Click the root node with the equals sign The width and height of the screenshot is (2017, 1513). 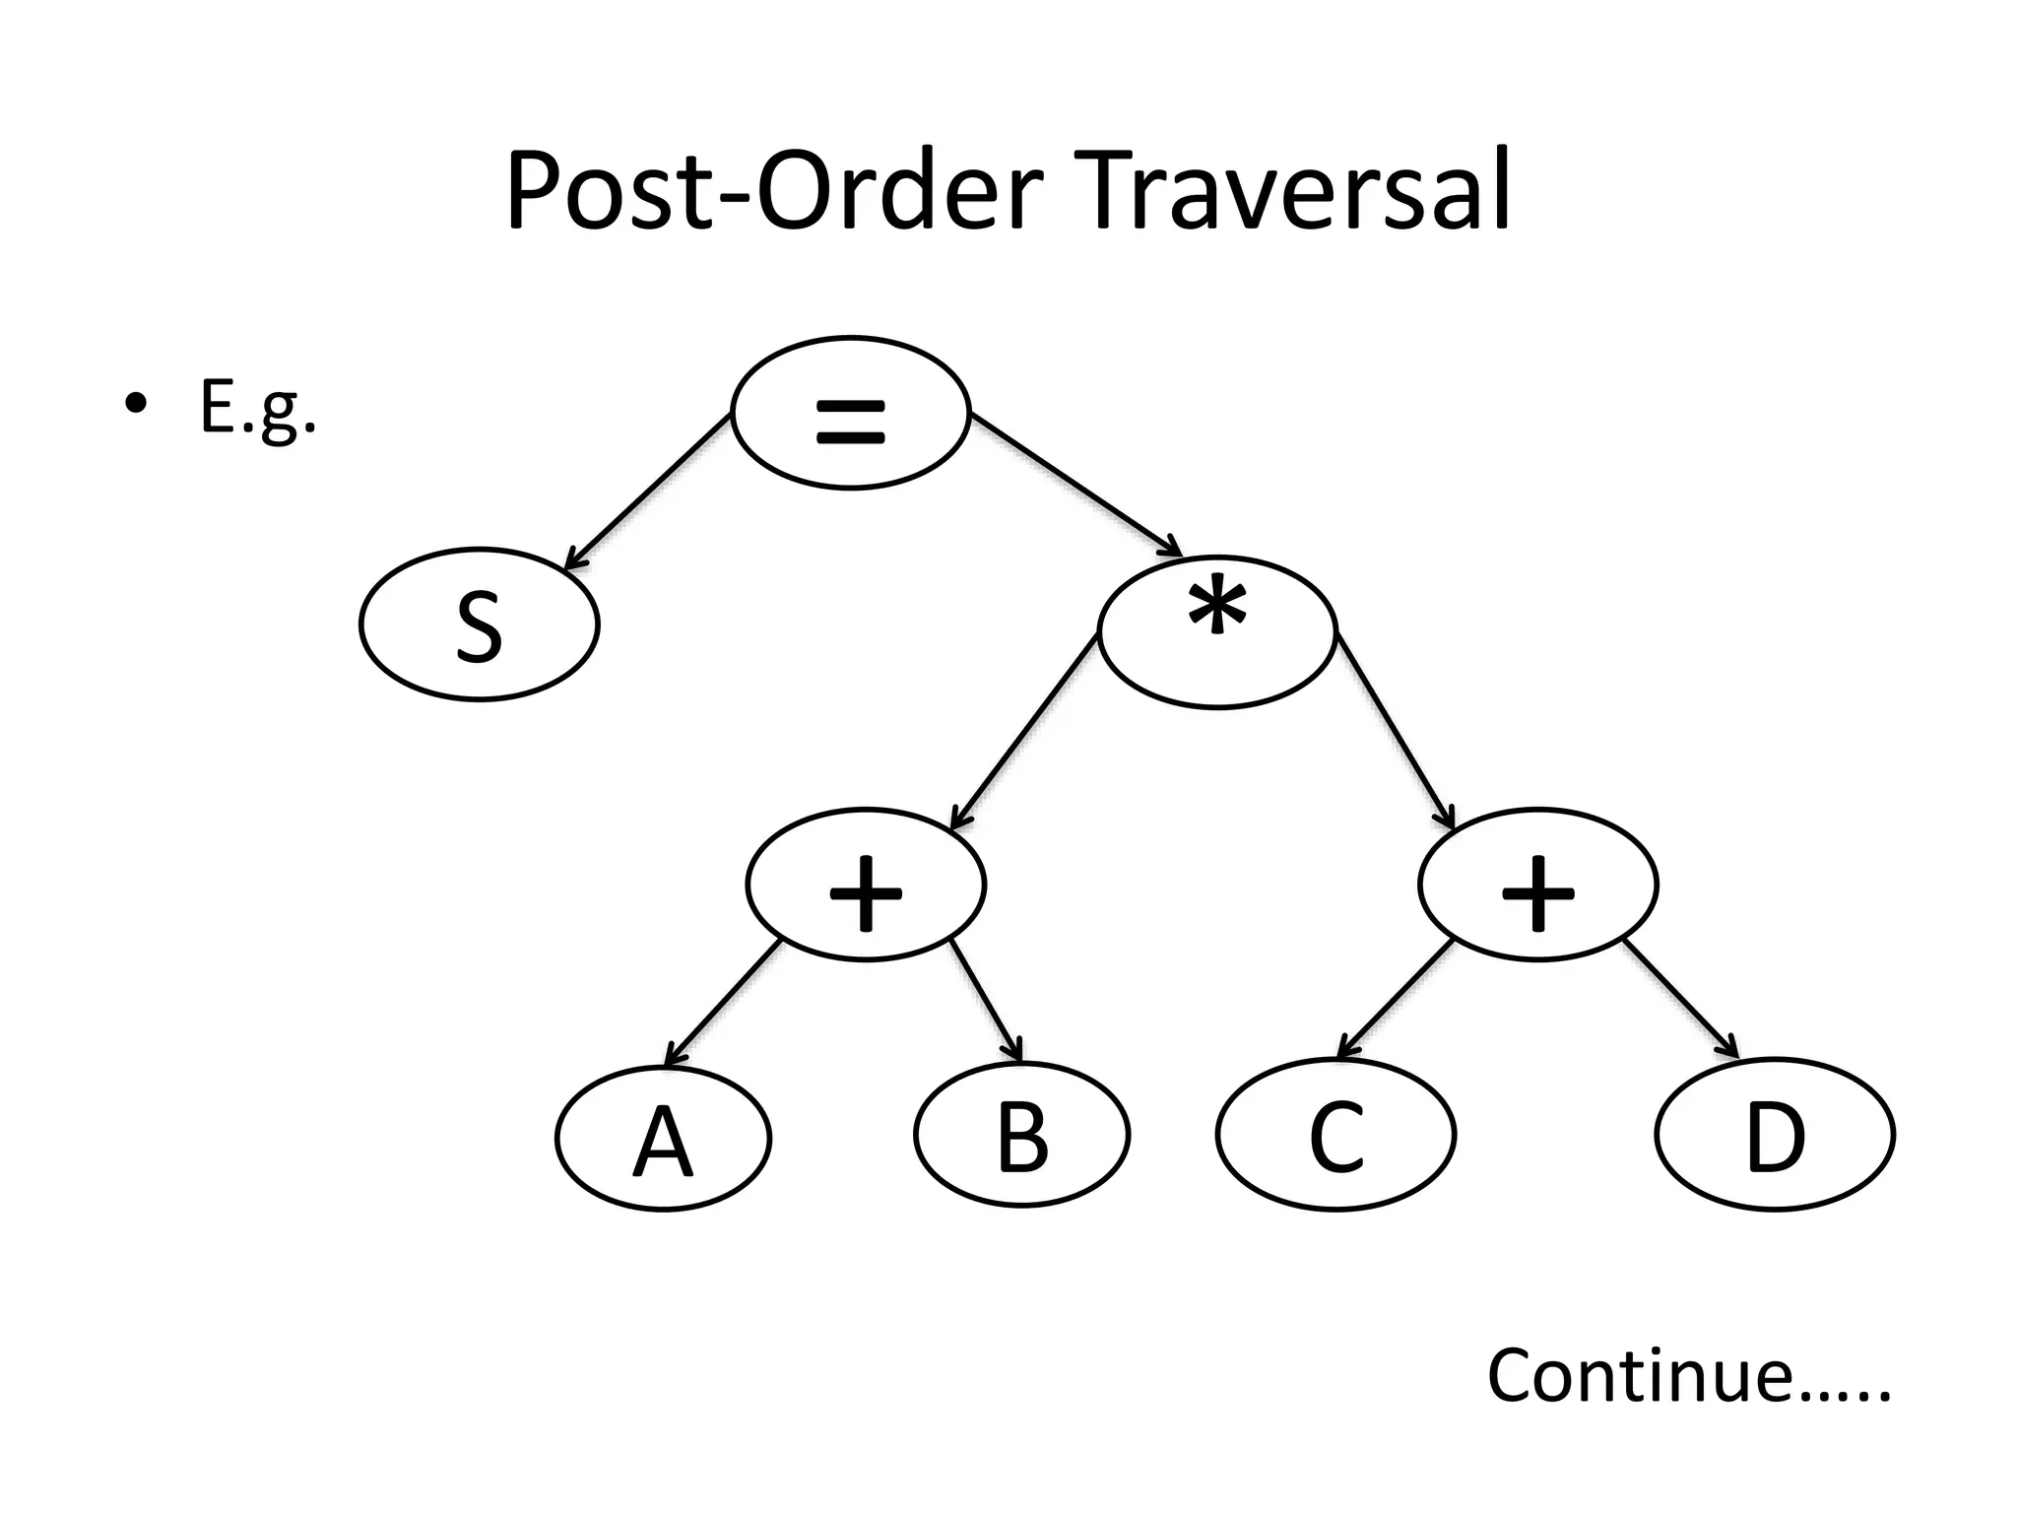click(851, 412)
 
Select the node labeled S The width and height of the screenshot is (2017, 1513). click(480, 625)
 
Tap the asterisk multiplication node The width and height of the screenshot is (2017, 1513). click(1217, 631)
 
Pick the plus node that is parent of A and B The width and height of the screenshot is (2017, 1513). click(866, 885)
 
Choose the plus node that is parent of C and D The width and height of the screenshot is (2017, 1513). click(1537, 885)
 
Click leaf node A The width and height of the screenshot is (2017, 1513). click(663, 1138)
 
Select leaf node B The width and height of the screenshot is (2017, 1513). click(1021, 1136)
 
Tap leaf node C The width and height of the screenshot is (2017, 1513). click(1335, 1136)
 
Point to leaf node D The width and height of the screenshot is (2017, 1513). click(1775, 1136)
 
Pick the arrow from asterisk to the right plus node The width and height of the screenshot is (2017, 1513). click(1395, 733)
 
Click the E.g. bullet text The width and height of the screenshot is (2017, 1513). click(258, 408)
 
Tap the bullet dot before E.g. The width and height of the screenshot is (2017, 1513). click(136, 404)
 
